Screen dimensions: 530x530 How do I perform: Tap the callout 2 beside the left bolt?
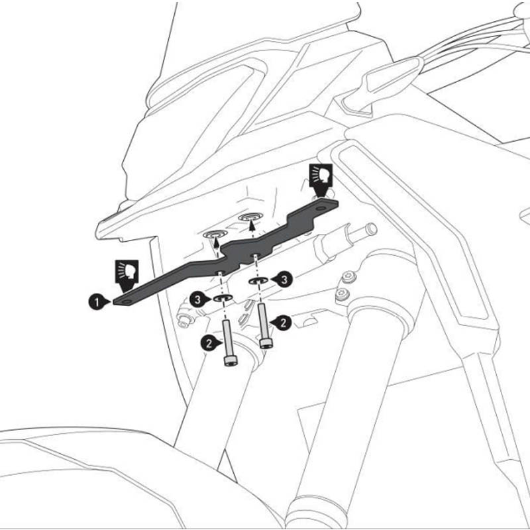[209, 343]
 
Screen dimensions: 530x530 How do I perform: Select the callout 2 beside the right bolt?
[283, 323]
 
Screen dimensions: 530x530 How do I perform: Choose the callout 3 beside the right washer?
[283, 279]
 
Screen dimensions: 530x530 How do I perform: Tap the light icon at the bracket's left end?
[127, 271]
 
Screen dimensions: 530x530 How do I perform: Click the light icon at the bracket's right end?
[321, 176]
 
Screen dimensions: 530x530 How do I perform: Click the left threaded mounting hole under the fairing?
[216, 235]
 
